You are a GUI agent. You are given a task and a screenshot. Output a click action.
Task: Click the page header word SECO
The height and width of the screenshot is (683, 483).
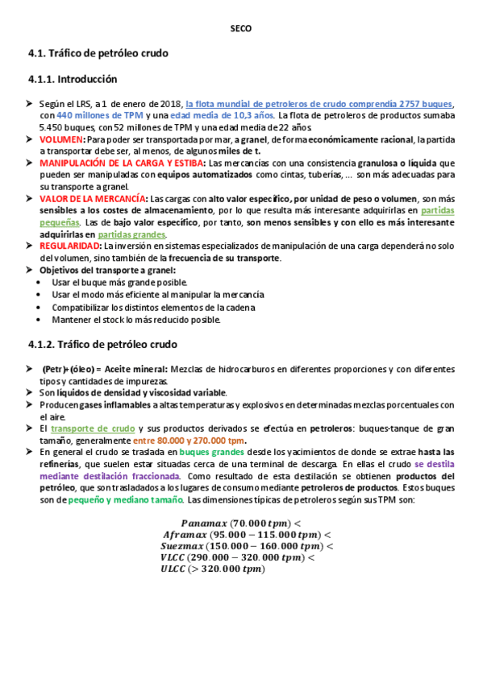(241, 28)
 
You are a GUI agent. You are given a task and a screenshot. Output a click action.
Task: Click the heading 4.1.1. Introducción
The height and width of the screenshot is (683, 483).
(73, 80)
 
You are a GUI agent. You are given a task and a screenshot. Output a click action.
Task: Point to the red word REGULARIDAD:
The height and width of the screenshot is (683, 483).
(69, 246)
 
